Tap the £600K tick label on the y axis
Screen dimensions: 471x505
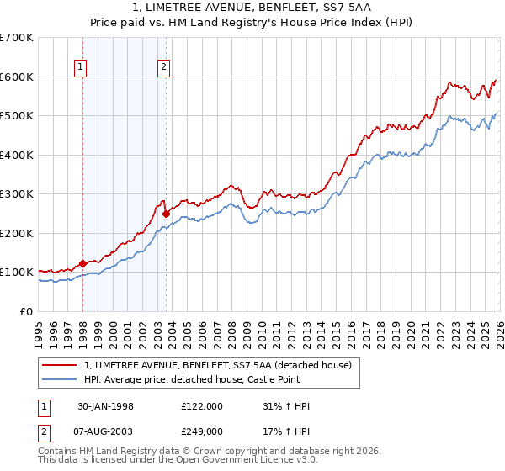[17, 77]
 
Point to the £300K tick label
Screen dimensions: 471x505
[17, 194]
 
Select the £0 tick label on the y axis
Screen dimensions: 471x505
[26, 311]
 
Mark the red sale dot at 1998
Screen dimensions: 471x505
[83, 263]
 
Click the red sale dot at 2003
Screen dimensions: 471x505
[166, 214]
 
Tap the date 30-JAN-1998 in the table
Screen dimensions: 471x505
[104, 406]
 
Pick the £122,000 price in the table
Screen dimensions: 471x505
[202, 406]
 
